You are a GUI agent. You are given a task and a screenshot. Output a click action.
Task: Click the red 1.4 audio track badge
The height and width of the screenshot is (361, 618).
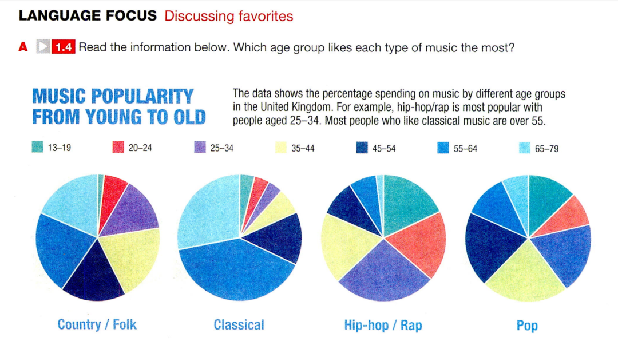point(63,47)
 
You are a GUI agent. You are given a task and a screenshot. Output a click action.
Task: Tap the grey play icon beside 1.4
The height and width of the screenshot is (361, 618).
point(43,47)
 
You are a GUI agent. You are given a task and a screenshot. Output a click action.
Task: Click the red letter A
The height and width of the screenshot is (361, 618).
point(23,47)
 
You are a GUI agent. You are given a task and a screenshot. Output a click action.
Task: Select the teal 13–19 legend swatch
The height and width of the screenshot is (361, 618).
point(37,147)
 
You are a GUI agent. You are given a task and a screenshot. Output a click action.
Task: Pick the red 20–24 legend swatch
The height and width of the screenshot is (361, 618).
point(118,148)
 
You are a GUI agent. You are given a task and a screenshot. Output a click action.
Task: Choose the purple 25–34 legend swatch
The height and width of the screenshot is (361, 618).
point(200,148)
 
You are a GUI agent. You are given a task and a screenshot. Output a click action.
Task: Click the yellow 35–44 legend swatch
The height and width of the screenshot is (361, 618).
point(280,148)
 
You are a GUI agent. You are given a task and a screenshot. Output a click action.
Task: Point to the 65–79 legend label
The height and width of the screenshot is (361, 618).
point(546,149)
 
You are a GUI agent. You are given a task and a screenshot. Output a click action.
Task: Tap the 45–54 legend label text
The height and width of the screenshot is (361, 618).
point(384,149)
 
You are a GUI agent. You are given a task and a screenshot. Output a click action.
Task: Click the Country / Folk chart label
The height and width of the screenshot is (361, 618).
point(97,324)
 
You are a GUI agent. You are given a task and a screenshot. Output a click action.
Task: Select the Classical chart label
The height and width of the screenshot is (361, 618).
point(239,325)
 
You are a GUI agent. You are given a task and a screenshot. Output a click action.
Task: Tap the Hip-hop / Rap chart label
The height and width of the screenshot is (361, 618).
point(383,325)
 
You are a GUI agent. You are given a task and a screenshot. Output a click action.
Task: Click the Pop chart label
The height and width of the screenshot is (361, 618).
point(527,326)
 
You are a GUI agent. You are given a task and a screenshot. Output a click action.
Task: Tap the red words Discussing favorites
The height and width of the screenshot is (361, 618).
point(228,16)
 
